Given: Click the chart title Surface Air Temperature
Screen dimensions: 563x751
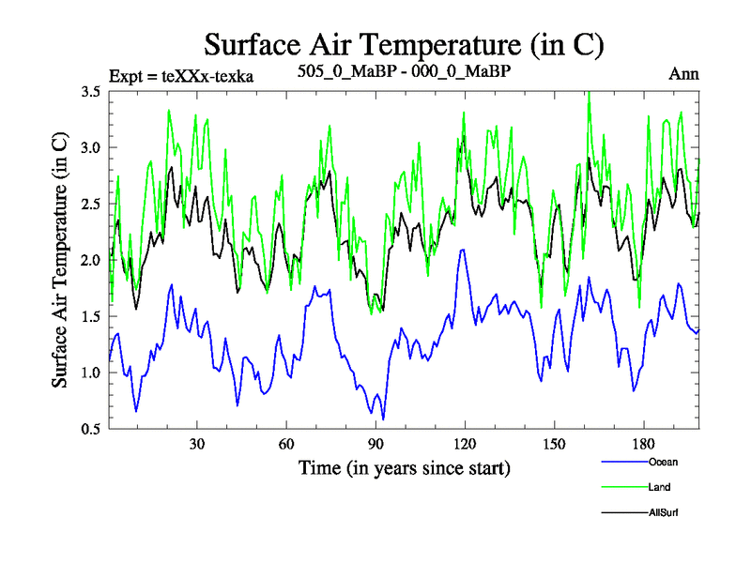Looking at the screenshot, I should (x=404, y=44).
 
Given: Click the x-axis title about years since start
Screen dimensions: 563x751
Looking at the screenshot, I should (x=404, y=466).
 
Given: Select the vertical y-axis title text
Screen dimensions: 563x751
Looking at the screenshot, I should (x=59, y=260).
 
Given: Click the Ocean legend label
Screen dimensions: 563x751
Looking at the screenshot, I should (x=662, y=462).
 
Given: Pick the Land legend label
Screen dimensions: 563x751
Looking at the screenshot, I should (x=659, y=487).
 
